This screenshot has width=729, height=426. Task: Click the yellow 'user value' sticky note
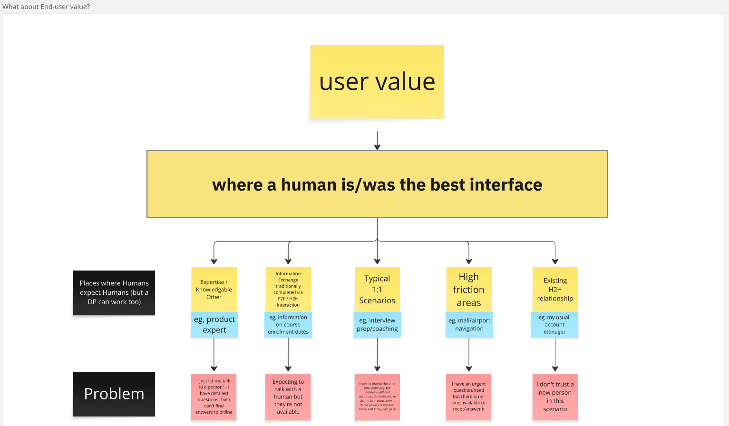377,82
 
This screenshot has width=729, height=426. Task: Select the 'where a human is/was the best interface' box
377,184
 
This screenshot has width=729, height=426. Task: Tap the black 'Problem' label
114,394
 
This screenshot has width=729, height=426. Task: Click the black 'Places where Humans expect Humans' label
114,292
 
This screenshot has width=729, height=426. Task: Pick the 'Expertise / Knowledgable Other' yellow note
214,289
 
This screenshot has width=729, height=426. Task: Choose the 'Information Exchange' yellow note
288,289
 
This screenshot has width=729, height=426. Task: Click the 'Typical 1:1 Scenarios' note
377,289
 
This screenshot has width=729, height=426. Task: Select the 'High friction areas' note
469,289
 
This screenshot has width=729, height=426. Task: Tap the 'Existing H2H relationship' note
555,289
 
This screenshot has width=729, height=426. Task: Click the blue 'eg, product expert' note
214,325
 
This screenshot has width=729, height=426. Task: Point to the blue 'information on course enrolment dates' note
288,325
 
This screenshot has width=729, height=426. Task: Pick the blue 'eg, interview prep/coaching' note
377,325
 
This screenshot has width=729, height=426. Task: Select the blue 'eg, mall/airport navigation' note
469,325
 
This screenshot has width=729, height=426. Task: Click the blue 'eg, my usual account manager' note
554,325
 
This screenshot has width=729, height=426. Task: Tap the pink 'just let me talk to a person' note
214,397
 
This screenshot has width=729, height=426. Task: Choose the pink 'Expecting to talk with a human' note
288,397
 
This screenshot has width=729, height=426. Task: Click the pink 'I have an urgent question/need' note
469,397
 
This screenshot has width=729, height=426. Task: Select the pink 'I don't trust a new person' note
555,397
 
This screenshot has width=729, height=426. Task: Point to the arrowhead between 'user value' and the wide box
377,147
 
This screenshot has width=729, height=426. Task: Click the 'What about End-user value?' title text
46,7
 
